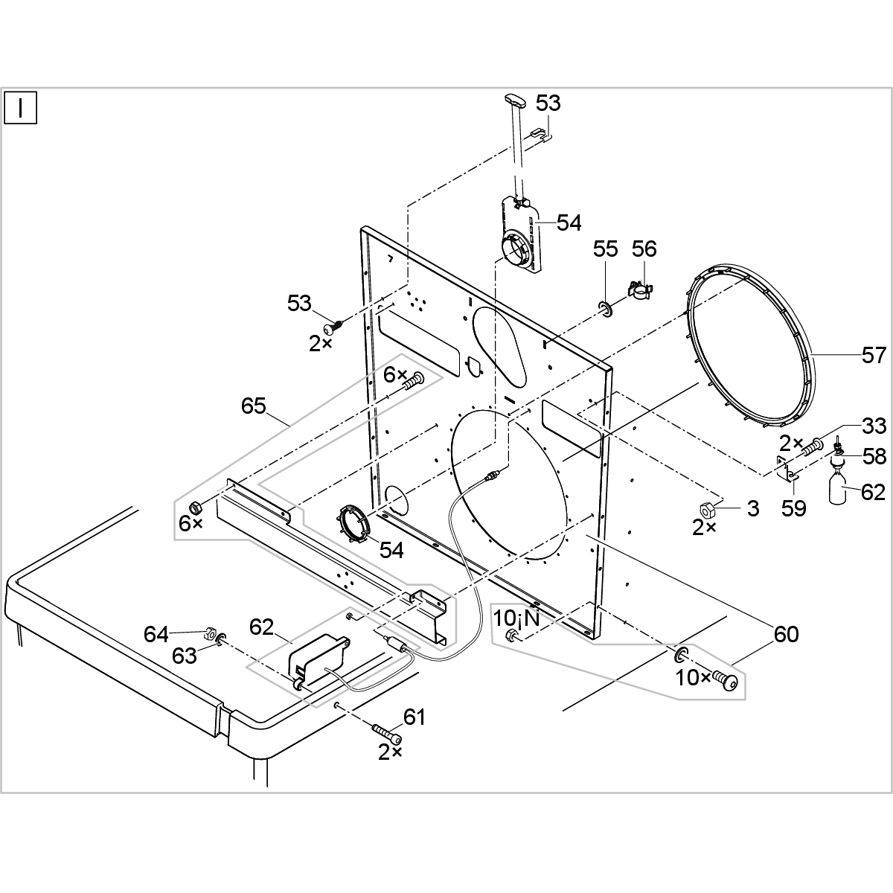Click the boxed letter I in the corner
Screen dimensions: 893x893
21,109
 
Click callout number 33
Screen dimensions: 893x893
874,426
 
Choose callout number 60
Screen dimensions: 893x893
785,635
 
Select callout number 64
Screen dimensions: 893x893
157,635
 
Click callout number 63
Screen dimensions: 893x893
184,656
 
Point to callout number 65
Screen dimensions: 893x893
253,406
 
